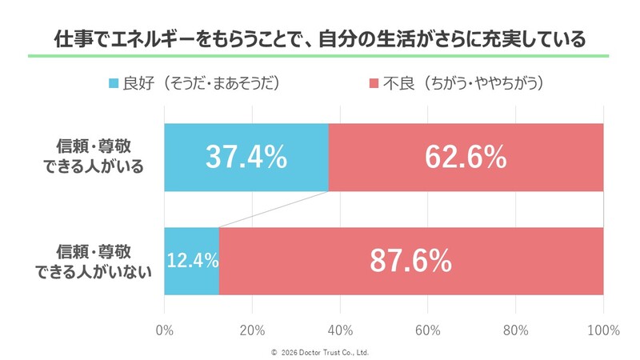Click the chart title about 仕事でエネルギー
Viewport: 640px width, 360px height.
319,38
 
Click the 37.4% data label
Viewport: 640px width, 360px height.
246,158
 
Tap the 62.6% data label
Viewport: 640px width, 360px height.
466,158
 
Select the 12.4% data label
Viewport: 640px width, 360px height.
191,261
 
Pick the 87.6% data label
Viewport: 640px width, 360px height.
410,261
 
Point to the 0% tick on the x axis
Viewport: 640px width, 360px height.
164,330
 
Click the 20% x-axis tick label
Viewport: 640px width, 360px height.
252,330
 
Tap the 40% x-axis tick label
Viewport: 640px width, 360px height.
340,330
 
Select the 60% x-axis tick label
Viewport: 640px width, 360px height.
428,330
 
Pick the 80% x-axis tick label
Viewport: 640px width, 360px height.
516,330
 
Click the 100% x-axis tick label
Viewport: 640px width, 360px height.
602,330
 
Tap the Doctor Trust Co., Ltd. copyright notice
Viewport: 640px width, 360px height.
320,352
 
